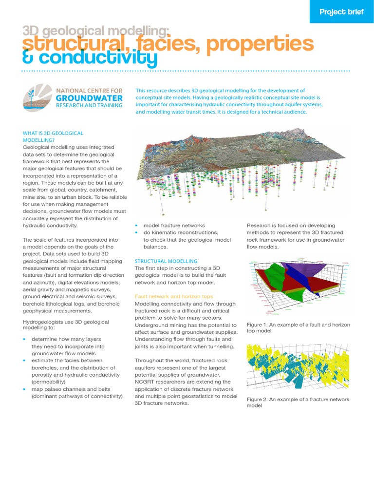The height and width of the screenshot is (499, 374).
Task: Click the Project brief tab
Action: pyautogui.click(x=341, y=12)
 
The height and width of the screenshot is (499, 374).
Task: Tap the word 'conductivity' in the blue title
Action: pyautogui.click(x=99, y=58)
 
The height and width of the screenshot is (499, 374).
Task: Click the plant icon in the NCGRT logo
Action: pyautogui.click(x=37, y=97)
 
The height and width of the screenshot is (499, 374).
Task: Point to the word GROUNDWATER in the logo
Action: pyautogui.click(x=89, y=97)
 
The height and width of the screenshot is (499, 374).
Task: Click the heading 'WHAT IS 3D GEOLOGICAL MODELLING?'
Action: pyautogui.click(x=53, y=136)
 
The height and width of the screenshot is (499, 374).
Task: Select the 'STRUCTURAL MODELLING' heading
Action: pyautogui.click(x=166, y=261)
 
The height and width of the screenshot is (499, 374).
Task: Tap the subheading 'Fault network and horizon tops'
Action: pyautogui.click(x=174, y=296)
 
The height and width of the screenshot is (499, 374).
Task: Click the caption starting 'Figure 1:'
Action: pyautogui.click(x=298, y=327)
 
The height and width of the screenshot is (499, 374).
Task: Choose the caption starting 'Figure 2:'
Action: pyautogui.click(x=298, y=402)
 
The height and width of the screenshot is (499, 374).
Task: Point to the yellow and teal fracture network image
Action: pyautogui.click(x=298, y=366)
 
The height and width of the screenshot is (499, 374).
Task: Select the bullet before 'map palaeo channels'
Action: pyautogui.click(x=25, y=389)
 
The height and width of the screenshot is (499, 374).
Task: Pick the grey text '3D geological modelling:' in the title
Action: pyautogui.click(x=96, y=31)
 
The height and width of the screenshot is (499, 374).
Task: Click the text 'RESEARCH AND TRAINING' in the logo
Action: pyautogui.click(x=89, y=105)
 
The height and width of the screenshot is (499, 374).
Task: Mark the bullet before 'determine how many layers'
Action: pyautogui.click(x=25, y=339)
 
